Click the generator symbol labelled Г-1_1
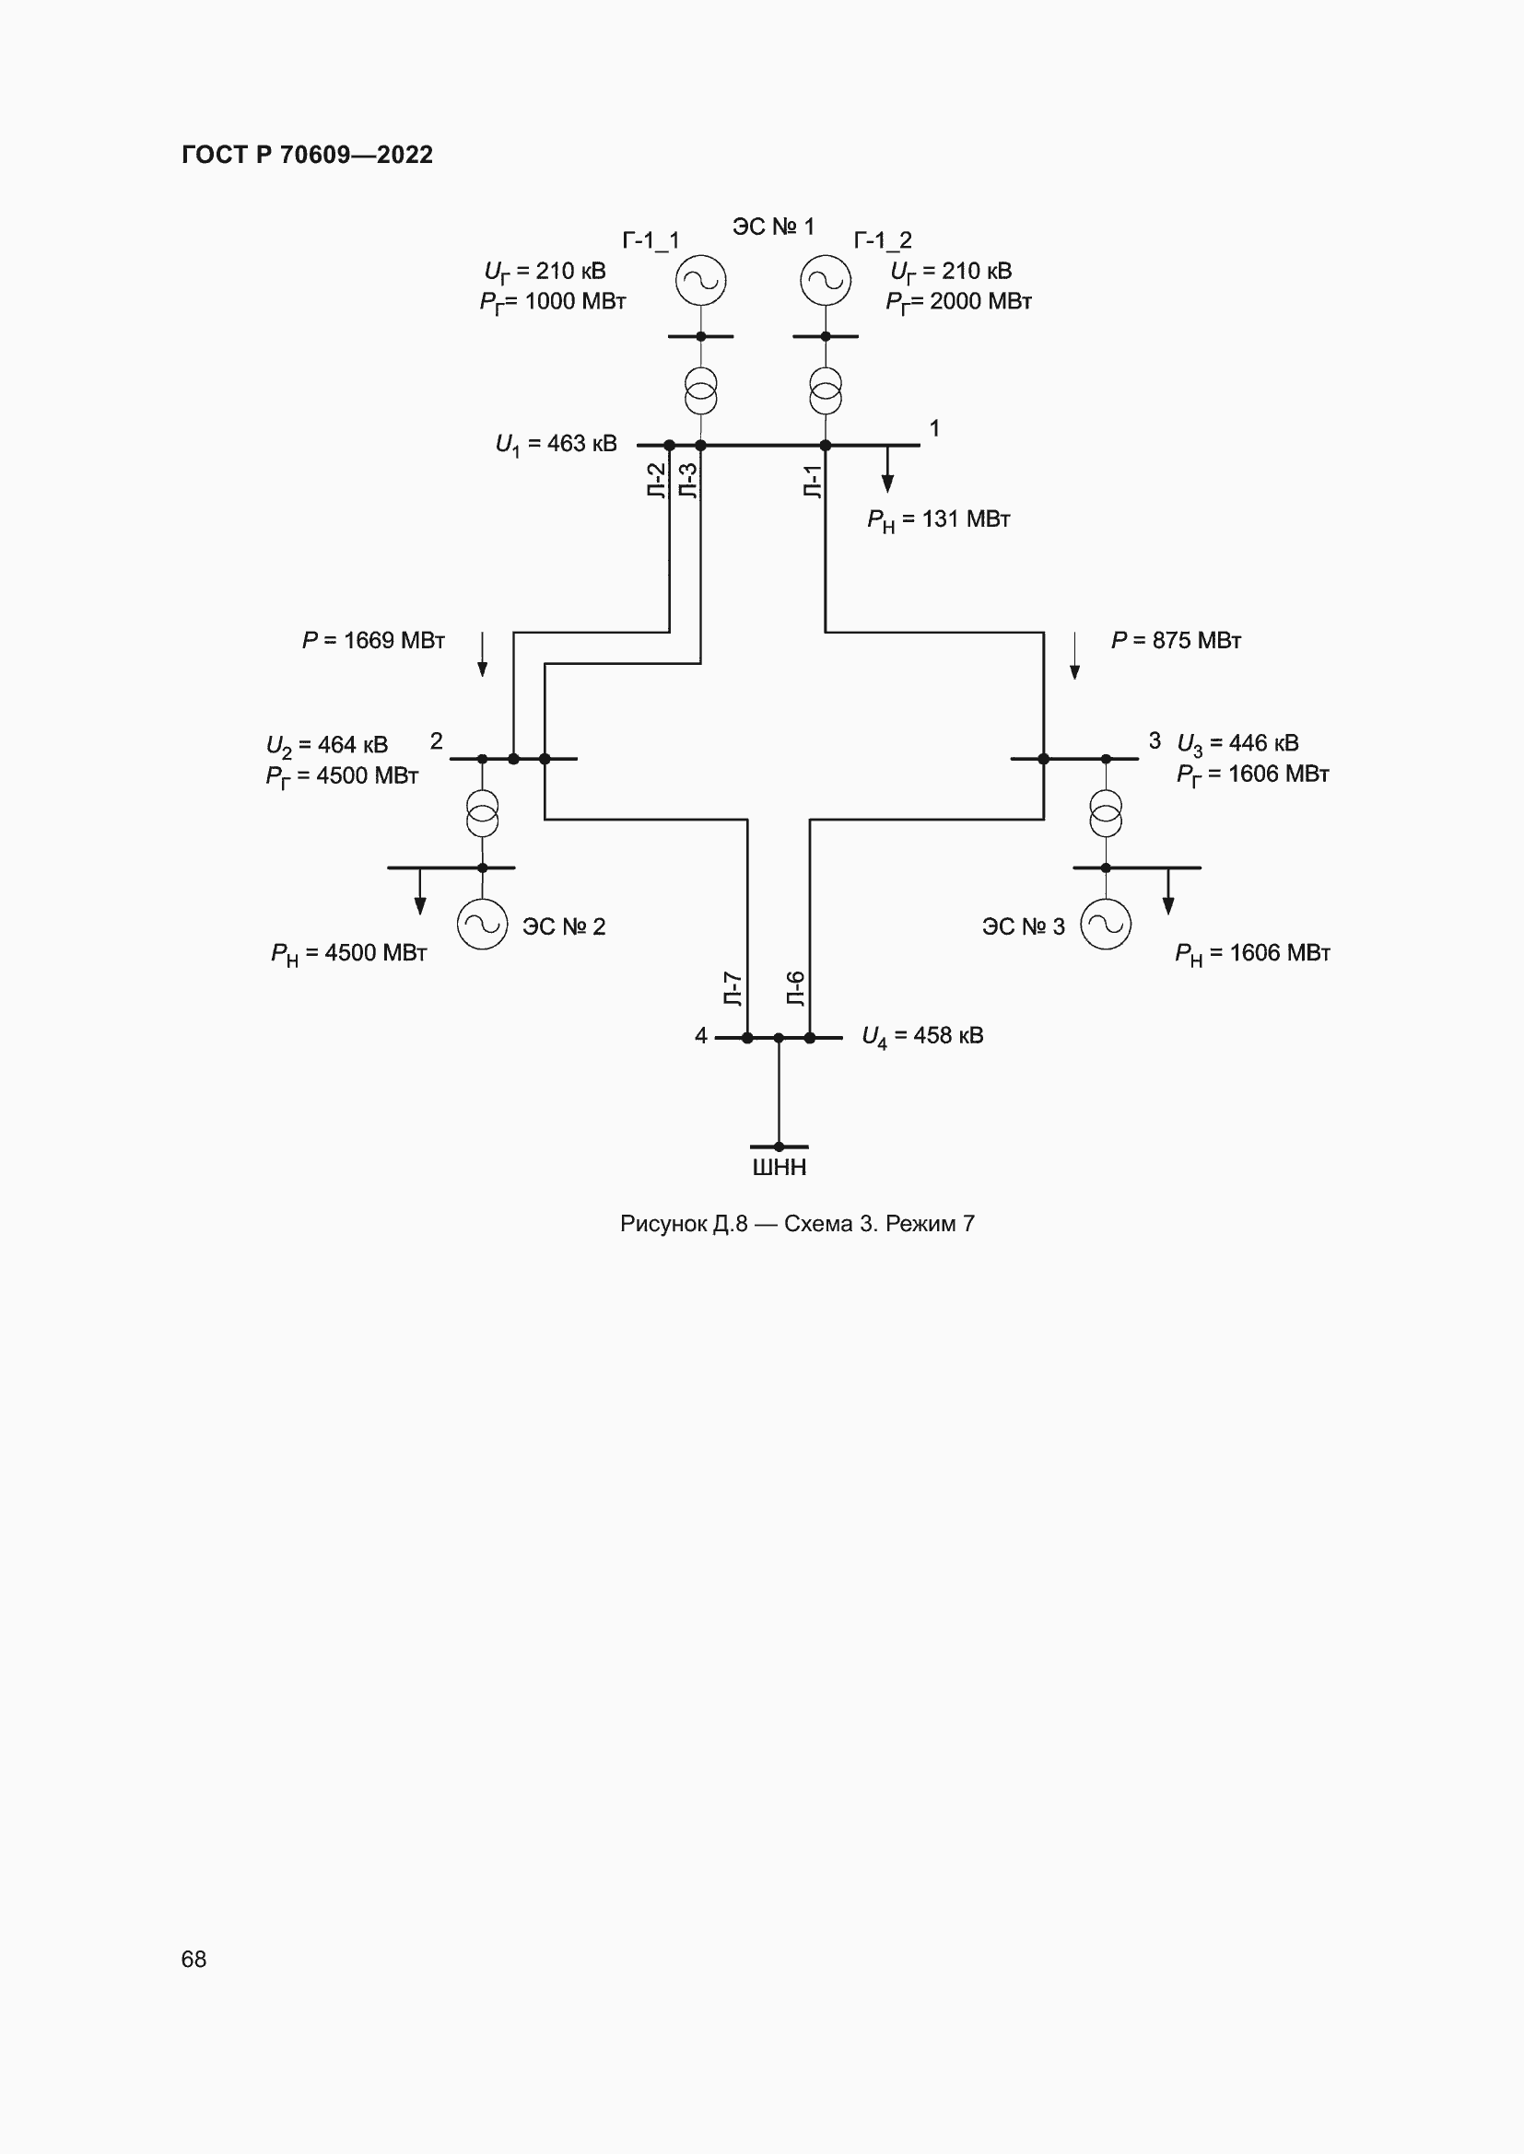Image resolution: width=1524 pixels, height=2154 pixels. click(x=701, y=281)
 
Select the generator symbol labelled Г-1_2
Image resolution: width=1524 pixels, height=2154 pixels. click(x=826, y=281)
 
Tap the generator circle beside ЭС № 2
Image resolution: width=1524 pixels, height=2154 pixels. click(x=482, y=924)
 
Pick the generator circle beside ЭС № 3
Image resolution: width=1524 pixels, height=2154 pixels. click(x=1106, y=924)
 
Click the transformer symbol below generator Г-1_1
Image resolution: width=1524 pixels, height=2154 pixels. click(x=701, y=391)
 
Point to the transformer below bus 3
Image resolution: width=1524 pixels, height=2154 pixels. click(x=1106, y=813)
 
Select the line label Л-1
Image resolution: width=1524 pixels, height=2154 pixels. click(x=813, y=482)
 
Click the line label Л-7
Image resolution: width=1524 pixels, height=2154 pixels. click(x=733, y=989)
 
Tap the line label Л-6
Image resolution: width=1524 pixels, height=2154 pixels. click(x=796, y=989)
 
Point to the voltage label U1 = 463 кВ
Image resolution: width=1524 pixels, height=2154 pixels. click(x=556, y=444)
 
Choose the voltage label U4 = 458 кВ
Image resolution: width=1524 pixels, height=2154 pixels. click(x=922, y=1036)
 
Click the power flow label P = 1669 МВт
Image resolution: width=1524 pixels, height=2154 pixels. click(x=372, y=640)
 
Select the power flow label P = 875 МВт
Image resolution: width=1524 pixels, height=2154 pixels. click(x=1176, y=640)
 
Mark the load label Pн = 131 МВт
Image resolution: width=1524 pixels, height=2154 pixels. click(x=938, y=519)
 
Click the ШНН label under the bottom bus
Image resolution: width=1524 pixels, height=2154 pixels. click(x=779, y=1167)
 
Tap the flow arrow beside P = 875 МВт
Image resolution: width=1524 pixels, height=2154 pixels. click(x=1074, y=655)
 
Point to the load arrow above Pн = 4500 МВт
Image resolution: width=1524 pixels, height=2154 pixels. click(x=420, y=891)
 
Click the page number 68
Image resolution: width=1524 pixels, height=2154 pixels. click(x=193, y=1960)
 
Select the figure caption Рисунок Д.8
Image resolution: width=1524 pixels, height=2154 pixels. click(x=797, y=1223)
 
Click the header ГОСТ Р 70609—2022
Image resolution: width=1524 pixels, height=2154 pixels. click(x=307, y=155)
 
